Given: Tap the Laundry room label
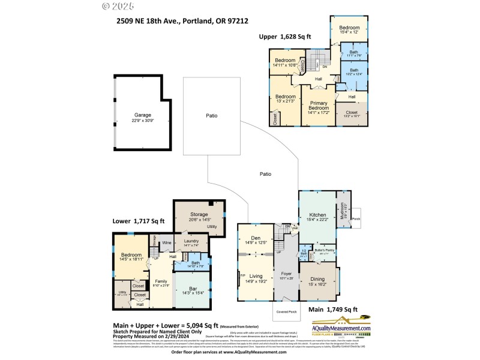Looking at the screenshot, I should pyautogui.click(x=191, y=242).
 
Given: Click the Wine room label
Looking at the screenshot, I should pyautogui.click(x=167, y=242).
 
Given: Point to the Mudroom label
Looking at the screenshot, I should pyautogui.click(x=343, y=210).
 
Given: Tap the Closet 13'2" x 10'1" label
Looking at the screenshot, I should pyautogui.click(x=352, y=113).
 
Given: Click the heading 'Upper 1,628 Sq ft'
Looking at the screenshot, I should pyautogui.click(x=285, y=37).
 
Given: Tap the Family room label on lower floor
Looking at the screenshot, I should pyautogui.click(x=161, y=282).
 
